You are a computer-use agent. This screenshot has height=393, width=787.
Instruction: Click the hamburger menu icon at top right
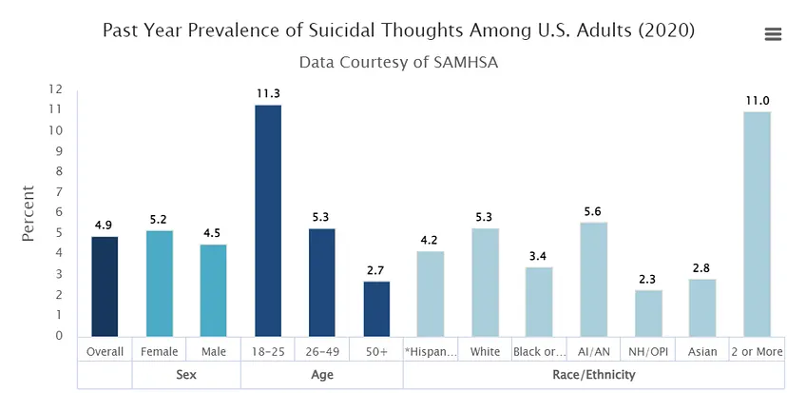coord(773,34)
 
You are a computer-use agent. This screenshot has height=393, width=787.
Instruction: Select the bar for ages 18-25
coord(268,220)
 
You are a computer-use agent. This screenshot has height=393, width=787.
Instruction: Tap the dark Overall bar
coord(105,285)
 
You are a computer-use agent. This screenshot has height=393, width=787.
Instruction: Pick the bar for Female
coord(160,283)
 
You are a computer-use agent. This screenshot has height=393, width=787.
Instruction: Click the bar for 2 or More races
coord(757,224)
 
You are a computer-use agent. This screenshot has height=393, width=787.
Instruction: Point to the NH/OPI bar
coord(648,312)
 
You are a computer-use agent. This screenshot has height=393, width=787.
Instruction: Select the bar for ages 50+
coord(376,308)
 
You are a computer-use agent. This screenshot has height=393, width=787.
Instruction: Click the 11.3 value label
coord(268,93)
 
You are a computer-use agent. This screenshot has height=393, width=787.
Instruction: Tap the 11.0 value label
coord(757,100)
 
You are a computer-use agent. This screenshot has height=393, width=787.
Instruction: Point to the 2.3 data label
coord(648,279)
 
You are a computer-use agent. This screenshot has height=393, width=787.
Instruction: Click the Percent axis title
coord(29,213)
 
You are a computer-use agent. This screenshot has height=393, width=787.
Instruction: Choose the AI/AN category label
coord(594,351)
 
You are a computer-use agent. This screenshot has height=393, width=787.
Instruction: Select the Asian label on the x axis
coord(702,351)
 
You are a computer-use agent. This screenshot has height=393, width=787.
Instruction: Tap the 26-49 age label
coord(322,351)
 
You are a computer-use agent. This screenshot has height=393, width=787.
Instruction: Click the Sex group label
coord(186,375)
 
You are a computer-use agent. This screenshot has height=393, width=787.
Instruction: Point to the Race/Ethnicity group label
coord(594,375)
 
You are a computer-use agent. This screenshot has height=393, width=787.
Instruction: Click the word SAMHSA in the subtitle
coord(464,63)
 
